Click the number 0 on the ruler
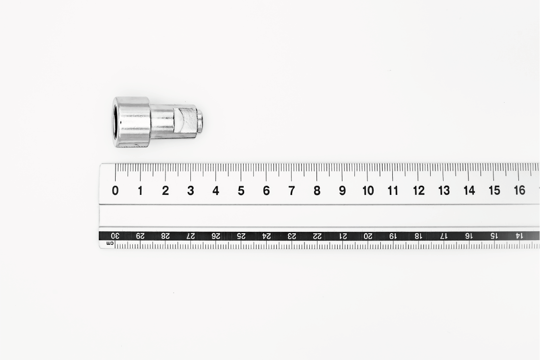(x=116, y=191)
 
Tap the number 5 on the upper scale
(x=241, y=191)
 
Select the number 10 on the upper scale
(x=368, y=191)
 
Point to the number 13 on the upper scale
(x=444, y=191)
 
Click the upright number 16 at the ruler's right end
(x=519, y=190)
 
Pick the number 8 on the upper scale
(x=317, y=191)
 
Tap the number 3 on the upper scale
(x=190, y=191)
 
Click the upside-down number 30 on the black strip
(x=115, y=236)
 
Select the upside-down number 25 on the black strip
(x=241, y=236)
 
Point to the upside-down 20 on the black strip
(x=368, y=236)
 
